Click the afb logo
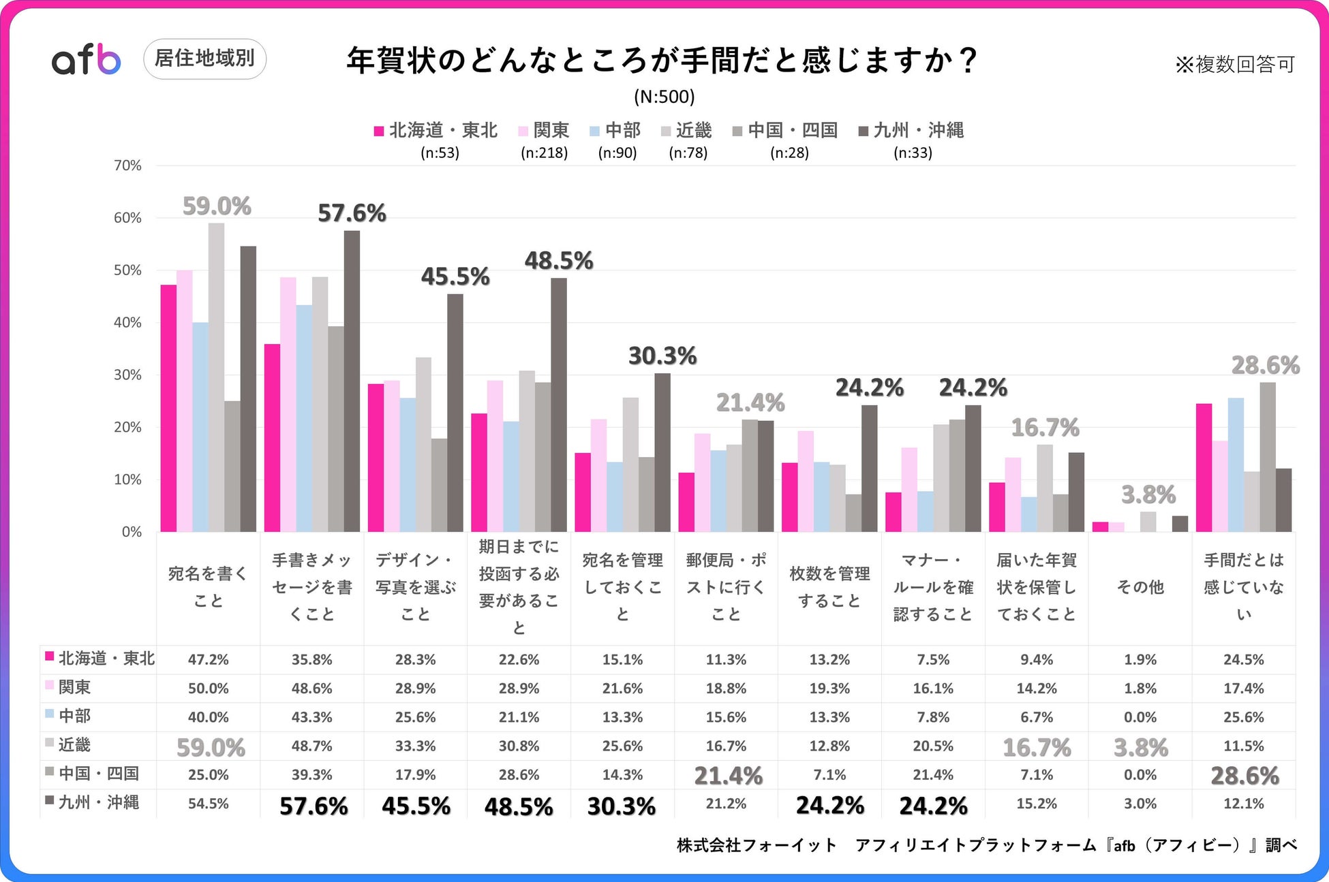pyautogui.click(x=87, y=60)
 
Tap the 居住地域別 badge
pyautogui.click(x=204, y=59)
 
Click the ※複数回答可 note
pyautogui.click(x=1234, y=65)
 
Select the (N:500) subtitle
pyautogui.click(x=664, y=97)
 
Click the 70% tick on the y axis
pyautogui.click(x=127, y=166)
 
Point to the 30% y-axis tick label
pyautogui.click(x=127, y=375)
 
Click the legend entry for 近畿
pyautogui.click(x=687, y=131)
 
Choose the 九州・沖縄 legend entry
pyautogui.click(x=911, y=131)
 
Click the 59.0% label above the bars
pyautogui.click(x=217, y=206)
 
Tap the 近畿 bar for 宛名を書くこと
pyautogui.click(x=216, y=377)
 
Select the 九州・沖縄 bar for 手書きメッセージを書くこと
pyautogui.click(x=352, y=381)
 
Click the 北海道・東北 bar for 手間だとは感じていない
pyautogui.click(x=1204, y=468)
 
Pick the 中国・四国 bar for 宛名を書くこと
pyautogui.click(x=232, y=467)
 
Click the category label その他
pyautogui.click(x=1140, y=587)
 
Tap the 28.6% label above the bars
pyautogui.click(x=1265, y=366)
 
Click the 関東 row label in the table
pyautogui.click(x=74, y=687)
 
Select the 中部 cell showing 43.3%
pyautogui.click(x=311, y=717)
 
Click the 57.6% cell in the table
pyautogui.click(x=314, y=806)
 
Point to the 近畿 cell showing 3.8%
pyautogui.click(x=1140, y=748)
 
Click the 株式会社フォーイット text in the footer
pyautogui.click(x=757, y=845)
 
